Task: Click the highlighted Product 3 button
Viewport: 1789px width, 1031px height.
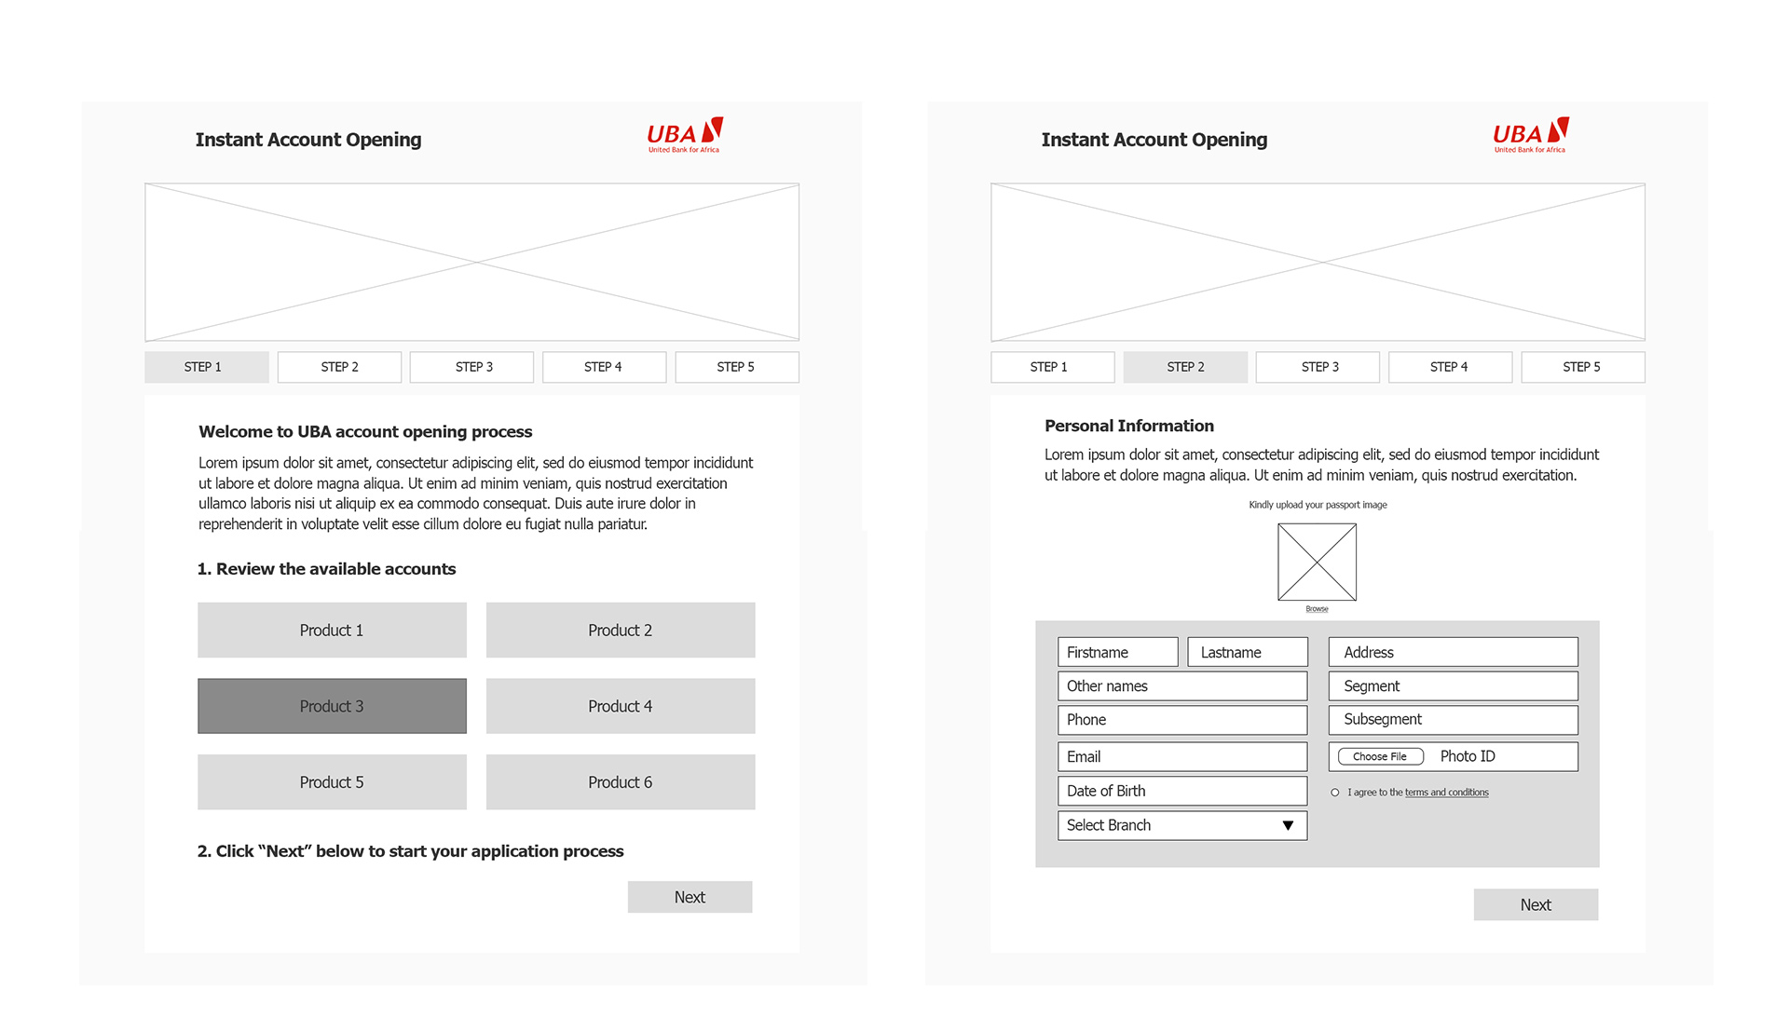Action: click(x=332, y=706)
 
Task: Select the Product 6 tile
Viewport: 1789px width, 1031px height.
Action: click(x=621, y=782)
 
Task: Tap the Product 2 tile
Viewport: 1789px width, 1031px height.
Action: click(x=621, y=631)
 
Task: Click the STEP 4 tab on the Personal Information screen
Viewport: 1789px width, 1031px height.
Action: click(x=1450, y=367)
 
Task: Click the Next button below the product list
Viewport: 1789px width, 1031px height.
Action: click(x=690, y=897)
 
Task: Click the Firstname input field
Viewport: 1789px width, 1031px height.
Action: click(x=1118, y=652)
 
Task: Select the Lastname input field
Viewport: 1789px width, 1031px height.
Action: click(x=1248, y=652)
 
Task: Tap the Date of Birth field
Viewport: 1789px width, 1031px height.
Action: click(x=1182, y=791)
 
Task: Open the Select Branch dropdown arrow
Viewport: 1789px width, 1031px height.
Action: click(x=1288, y=825)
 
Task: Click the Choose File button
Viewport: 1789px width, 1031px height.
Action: click(x=1381, y=756)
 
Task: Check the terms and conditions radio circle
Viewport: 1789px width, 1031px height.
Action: click(x=1335, y=793)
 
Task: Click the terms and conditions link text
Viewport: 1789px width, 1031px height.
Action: click(x=1447, y=793)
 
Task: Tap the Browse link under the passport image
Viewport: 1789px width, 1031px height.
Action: click(x=1317, y=609)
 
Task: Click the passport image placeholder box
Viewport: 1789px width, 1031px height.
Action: click(x=1317, y=562)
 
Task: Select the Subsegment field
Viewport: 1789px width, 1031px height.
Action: click(x=1454, y=719)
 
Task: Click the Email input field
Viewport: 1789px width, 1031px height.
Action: click(x=1182, y=756)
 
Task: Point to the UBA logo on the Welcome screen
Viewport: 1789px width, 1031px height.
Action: click(x=685, y=135)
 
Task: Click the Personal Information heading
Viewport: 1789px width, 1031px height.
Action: click(x=1129, y=426)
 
